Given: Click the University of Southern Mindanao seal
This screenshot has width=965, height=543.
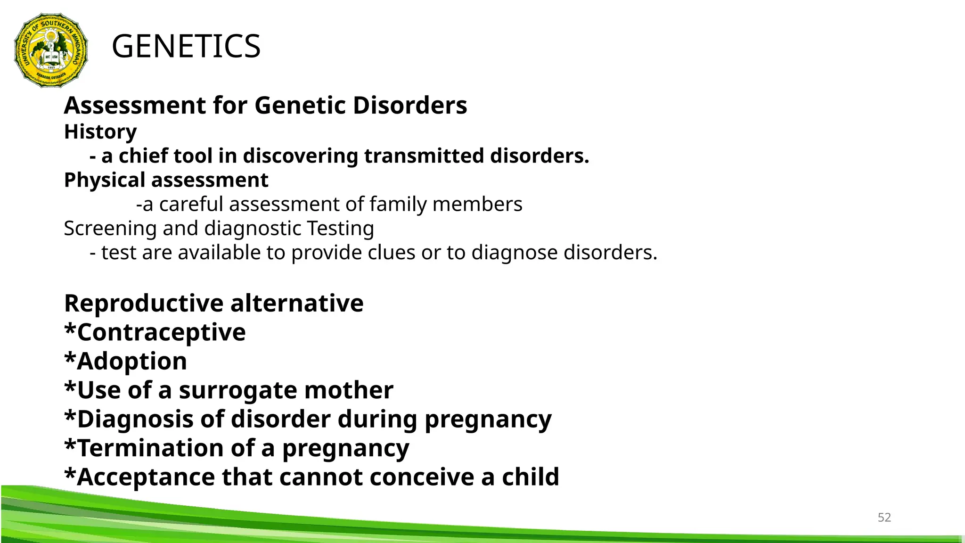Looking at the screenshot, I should coord(51,50).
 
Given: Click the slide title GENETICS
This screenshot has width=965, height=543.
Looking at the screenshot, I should coord(186,46).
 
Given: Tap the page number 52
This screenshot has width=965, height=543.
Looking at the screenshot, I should coord(884,517).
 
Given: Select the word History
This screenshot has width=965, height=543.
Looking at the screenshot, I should coord(100,132).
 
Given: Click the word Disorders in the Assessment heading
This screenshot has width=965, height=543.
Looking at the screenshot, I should coord(409,105).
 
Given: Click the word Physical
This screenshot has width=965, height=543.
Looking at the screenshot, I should coord(105,181).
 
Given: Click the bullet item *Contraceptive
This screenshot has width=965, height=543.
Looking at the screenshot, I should coord(155,333).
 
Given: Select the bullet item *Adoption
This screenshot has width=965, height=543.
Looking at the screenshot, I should coord(126,362).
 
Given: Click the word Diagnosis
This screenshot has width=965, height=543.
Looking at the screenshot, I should coord(135,420).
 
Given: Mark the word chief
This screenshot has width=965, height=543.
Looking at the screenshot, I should coord(139,156).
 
